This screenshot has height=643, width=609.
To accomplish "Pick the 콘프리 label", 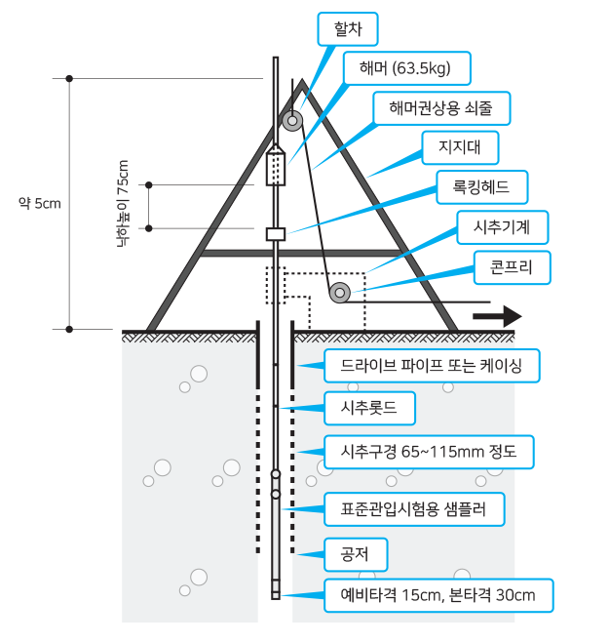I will (x=512, y=266).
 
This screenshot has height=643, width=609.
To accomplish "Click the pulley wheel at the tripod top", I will (x=292, y=121).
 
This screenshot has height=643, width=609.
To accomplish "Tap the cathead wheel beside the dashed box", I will (x=340, y=292).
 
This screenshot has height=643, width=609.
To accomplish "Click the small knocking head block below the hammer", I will (x=275, y=233).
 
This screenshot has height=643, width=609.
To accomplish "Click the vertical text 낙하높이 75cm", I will (x=123, y=203).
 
